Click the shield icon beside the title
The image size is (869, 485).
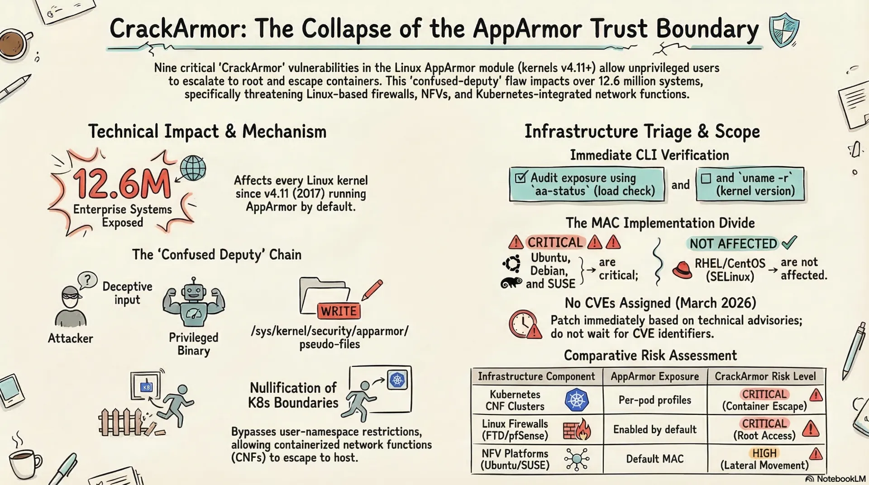(784, 30)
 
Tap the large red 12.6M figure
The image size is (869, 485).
(122, 184)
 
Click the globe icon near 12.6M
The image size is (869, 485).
(193, 168)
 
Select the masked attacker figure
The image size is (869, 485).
(71, 306)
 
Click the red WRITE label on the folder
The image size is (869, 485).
(339, 311)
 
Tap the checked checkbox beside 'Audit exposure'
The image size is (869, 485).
(521, 177)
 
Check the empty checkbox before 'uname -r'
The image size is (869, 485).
(706, 178)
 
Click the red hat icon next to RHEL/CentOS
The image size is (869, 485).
(682, 270)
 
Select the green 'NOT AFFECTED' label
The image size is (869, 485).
(733, 244)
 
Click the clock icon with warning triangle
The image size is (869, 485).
(525, 324)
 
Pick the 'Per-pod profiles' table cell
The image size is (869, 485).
(655, 400)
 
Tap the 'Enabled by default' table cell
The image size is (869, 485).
(655, 429)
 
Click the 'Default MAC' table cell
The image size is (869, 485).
(655, 459)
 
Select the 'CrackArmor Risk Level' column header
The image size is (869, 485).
(765, 376)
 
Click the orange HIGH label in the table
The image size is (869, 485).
(764, 453)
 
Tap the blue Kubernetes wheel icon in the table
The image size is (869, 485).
(577, 400)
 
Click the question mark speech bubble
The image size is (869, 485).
(88, 281)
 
